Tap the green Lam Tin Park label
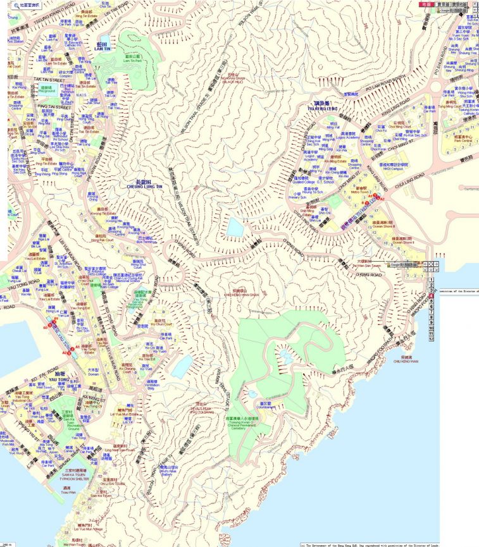pyautogui.click(x=133, y=61)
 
